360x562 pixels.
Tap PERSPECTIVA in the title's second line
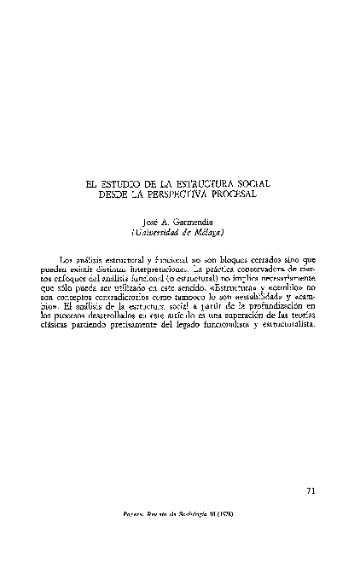coord(176,193)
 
